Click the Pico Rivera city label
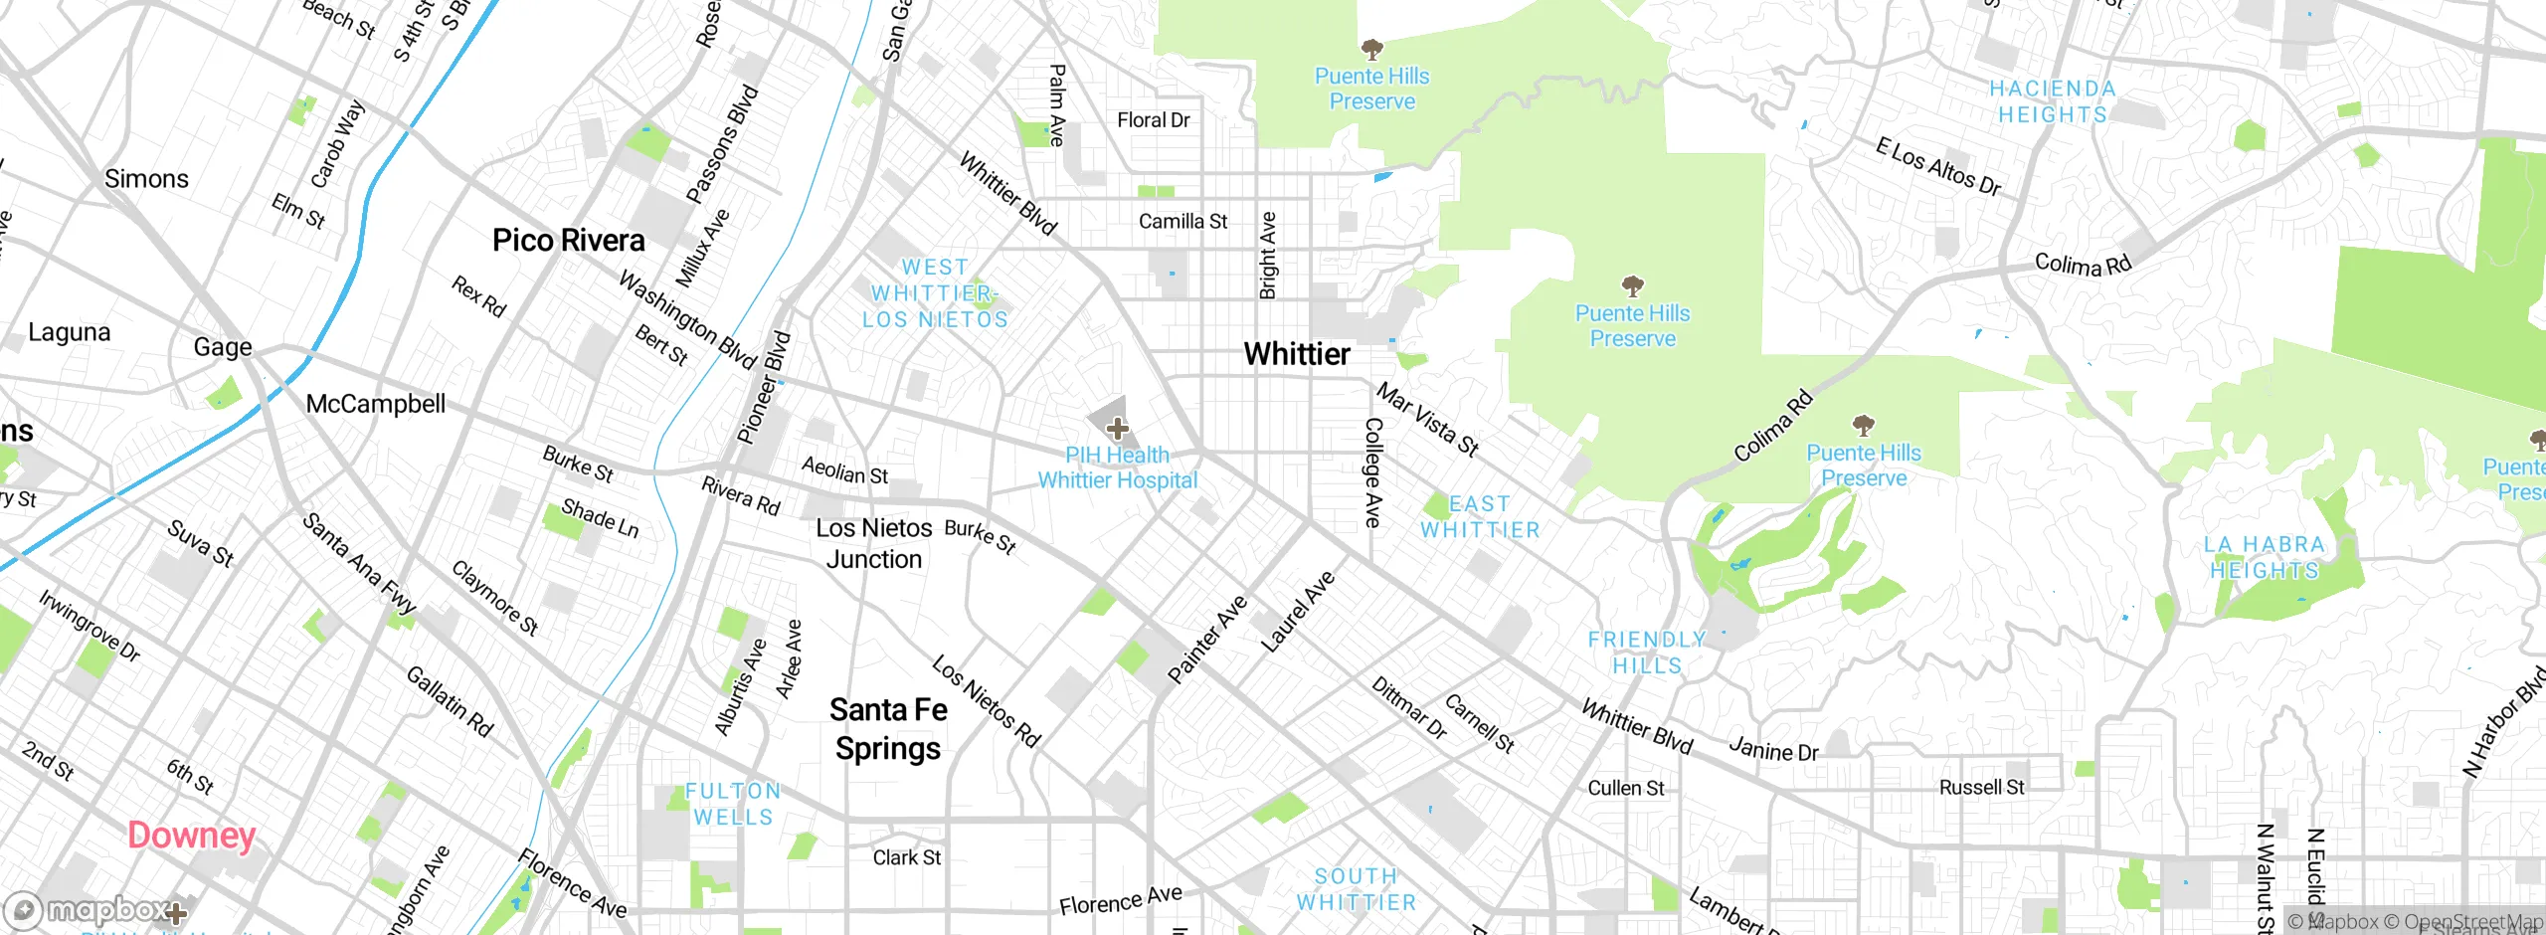coord(568,241)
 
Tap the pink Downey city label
coord(191,836)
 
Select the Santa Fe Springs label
coord(888,729)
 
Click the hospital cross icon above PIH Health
coord(1117,429)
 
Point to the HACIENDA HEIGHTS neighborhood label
coord(2053,102)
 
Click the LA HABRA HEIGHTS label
coord(2264,558)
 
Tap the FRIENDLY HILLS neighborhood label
coord(1647,653)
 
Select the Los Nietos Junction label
coord(873,544)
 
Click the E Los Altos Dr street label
coord(1937,167)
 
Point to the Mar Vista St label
coord(1427,420)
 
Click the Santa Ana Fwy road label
coord(359,563)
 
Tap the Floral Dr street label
coord(1153,120)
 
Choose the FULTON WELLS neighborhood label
coord(733,804)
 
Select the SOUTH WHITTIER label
coord(1356,889)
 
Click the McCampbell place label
coord(375,404)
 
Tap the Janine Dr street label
coord(1772,750)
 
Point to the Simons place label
coord(146,179)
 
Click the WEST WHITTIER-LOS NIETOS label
coord(935,293)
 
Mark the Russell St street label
coord(1981,788)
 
